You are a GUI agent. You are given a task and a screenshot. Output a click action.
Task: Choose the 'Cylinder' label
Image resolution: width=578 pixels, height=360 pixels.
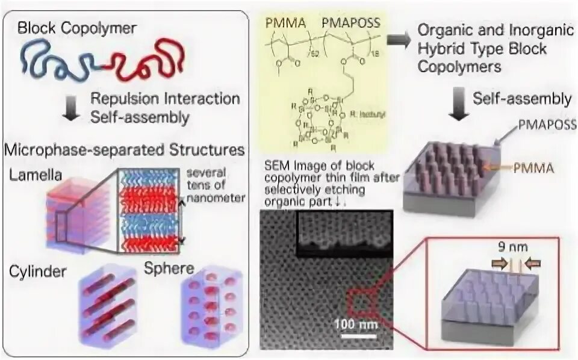coord(37,272)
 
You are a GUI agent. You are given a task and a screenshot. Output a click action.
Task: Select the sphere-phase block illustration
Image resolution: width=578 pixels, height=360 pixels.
coord(212,308)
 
